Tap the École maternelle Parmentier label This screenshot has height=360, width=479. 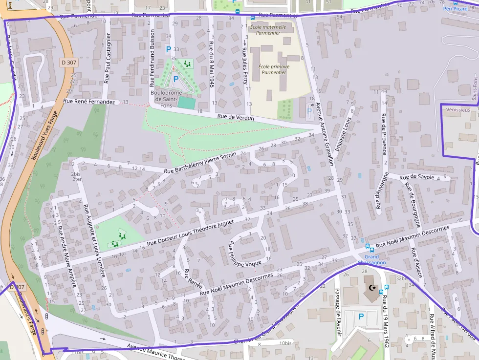[x=268, y=30]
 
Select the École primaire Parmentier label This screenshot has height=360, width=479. [x=274, y=69]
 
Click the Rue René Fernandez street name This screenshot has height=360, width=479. [x=89, y=102]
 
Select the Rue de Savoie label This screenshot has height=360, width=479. [x=417, y=177]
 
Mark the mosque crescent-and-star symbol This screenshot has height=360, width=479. [x=372, y=288]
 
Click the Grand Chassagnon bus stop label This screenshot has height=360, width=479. [x=371, y=259]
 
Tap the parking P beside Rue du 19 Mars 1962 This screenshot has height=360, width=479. [x=361, y=317]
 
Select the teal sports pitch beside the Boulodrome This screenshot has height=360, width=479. [x=185, y=103]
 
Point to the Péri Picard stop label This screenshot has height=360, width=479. [x=455, y=8]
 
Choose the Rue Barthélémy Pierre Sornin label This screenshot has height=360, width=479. [x=200, y=163]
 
